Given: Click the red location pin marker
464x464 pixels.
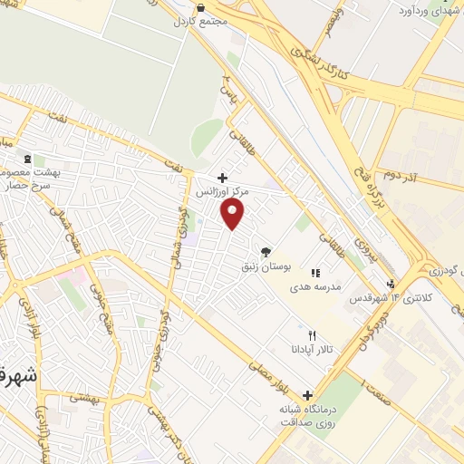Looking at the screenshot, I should (234, 215).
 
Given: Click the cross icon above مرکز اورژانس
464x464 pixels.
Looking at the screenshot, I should (223, 178).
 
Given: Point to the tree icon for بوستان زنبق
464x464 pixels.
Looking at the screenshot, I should (266, 252).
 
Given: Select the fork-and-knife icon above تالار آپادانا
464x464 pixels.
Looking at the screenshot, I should (313, 334).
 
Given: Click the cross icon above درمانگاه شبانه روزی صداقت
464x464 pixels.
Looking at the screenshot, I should (308, 395).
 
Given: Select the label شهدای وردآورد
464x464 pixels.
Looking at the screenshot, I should (427, 13).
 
